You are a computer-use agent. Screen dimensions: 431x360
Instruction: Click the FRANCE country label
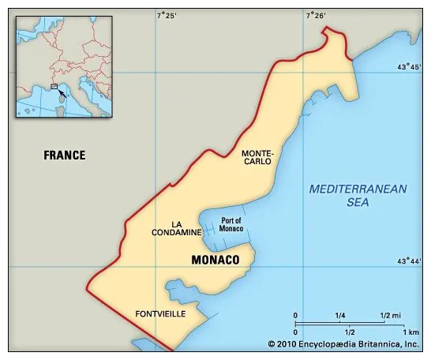pyautogui.click(x=65, y=156)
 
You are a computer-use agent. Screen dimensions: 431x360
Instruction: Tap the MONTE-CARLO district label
pyautogui.click(x=257, y=156)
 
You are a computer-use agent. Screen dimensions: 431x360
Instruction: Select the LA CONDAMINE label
pyautogui.click(x=176, y=228)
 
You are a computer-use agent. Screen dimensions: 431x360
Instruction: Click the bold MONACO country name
pyautogui.click(x=215, y=259)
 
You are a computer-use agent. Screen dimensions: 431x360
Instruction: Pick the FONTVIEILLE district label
pyautogui.click(x=160, y=313)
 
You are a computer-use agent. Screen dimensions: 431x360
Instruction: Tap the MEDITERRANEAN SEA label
pyautogui.click(x=358, y=195)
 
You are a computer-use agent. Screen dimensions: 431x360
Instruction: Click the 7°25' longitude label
pyautogui.click(x=166, y=15)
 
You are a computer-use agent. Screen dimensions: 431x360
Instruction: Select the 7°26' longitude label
pyautogui.click(x=315, y=15)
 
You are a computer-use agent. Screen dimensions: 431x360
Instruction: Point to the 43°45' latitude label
pyautogui.click(x=409, y=67)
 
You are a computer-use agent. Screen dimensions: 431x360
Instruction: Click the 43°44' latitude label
pyautogui.click(x=409, y=261)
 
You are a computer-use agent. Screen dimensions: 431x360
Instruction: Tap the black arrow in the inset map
pyautogui.click(x=62, y=93)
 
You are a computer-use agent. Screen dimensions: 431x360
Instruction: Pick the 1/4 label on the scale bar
pyautogui.click(x=340, y=316)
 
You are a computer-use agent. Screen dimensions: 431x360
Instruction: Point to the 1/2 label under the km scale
pyautogui.click(x=349, y=332)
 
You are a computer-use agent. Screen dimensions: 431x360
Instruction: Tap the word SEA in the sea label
pyautogui.click(x=358, y=202)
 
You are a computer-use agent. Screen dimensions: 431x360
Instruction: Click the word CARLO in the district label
pyautogui.click(x=257, y=161)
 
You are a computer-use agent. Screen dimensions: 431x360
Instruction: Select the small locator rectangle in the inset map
pyautogui.click(x=54, y=86)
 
